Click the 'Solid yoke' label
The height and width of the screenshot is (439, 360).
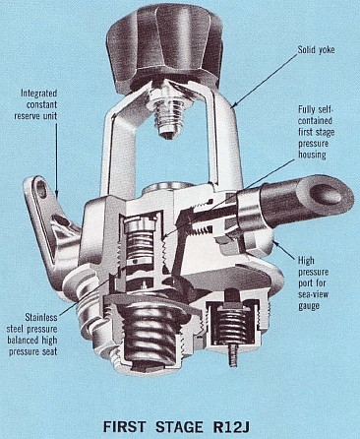click(x=316, y=50)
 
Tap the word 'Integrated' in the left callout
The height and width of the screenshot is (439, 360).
click(x=39, y=94)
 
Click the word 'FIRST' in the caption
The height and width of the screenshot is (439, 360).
click(x=124, y=426)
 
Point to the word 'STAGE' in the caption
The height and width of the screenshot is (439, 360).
click(x=179, y=426)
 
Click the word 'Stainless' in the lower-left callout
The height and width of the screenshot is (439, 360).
click(x=41, y=317)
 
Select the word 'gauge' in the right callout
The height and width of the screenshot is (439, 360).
click(x=309, y=306)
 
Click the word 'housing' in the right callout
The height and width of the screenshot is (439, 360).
click(x=312, y=155)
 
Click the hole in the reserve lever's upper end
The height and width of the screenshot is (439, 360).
click(x=41, y=188)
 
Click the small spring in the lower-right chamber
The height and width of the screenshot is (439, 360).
click(x=232, y=325)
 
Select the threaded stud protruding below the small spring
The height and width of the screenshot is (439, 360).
click(x=232, y=356)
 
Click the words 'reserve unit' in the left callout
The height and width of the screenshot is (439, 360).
click(x=35, y=116)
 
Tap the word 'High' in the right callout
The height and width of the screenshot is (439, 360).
click(x=306, y=261)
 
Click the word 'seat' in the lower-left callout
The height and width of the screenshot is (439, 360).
click(x=50, y=351)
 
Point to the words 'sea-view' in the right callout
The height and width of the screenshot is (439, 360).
click(x=314, y=294)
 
